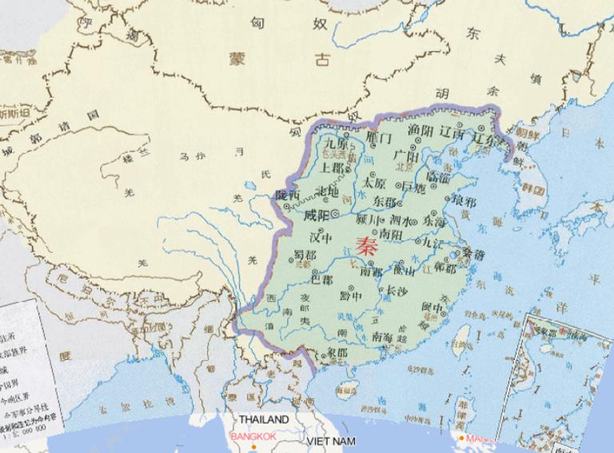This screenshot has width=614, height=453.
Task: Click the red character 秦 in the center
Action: coord(367,246)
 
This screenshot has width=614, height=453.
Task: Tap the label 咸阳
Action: coord(317,215)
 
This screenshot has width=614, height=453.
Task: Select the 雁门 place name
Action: coord(378,138)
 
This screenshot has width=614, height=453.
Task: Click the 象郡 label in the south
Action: coord(338,352)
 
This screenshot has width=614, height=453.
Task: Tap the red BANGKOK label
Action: coord(251,437)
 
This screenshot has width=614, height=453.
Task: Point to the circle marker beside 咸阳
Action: coord(334,216)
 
